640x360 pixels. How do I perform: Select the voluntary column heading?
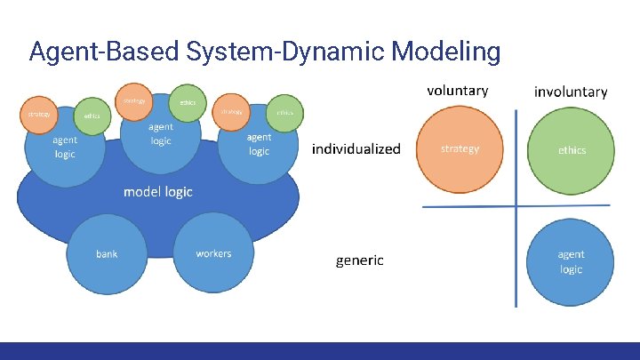coord(457,91)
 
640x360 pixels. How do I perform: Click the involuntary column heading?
coord(571,92)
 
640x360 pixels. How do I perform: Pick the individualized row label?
coord(356,148)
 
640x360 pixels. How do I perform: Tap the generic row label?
coord(359,260)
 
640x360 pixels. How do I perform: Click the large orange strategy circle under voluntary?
coord(460,149)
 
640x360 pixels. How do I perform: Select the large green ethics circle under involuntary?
coord(572,150)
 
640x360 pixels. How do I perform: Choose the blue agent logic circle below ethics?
coord(572,262)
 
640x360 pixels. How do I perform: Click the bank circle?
coord(107,254)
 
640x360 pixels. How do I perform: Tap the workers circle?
coord(213,254)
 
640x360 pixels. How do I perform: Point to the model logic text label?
coord(157,192)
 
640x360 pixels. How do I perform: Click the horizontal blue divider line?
coord(471,207)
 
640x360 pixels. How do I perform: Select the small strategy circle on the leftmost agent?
coord(39,115)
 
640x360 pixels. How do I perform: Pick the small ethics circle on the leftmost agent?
coord(92,116)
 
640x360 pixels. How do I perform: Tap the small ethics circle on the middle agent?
coord(188,102)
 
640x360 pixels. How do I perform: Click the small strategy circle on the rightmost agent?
coord(232,112)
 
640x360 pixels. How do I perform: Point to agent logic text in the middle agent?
coord(161,135)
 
